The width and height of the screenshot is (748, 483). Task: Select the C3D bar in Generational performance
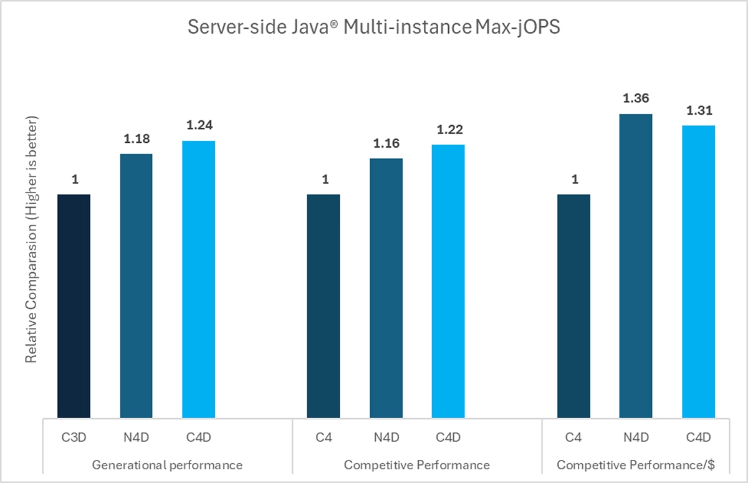tap(74, 305)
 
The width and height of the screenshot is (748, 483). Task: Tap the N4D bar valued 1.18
tap(137, 285)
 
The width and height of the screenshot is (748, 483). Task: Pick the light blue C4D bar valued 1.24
tap(199, 279)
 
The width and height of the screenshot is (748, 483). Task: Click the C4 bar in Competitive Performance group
tap(324, 305)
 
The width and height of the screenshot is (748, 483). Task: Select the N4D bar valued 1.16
tap(386, 288)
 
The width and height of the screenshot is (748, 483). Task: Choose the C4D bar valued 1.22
tap(448, 281)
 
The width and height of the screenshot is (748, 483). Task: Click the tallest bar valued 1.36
tap(636, 265)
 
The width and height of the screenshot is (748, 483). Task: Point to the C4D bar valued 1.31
tap(698, 271)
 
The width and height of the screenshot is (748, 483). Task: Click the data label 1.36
tap(636, 99)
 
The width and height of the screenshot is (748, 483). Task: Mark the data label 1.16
tap(386, 144)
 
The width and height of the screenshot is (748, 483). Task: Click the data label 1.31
tap(698, 111)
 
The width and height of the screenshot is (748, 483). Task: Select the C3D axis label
tap(74, 438)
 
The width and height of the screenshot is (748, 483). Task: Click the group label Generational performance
tap(167, 465)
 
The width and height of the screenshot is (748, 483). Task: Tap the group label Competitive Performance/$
tap(635, 465)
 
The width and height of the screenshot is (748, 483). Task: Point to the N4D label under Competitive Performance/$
tap(636, 438)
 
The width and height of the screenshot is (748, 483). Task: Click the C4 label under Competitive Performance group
tap(324, 438)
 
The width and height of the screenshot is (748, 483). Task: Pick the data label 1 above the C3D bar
tap(74, 180)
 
